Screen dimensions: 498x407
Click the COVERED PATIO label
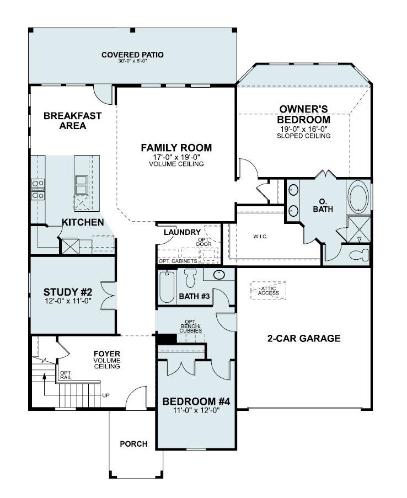(132, 55)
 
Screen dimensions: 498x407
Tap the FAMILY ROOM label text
(176, 148)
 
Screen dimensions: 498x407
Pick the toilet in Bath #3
(191, 278)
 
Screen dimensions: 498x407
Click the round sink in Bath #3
(219, 275)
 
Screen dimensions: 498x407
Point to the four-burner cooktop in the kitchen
(38, 189)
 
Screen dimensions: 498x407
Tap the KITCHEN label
(82, 222)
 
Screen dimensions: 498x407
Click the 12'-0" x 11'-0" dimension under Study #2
(67, 301)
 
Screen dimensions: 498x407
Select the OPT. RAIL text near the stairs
(65, 374)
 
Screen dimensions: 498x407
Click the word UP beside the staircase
(106, 395)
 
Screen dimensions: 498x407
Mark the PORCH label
(133, 444)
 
